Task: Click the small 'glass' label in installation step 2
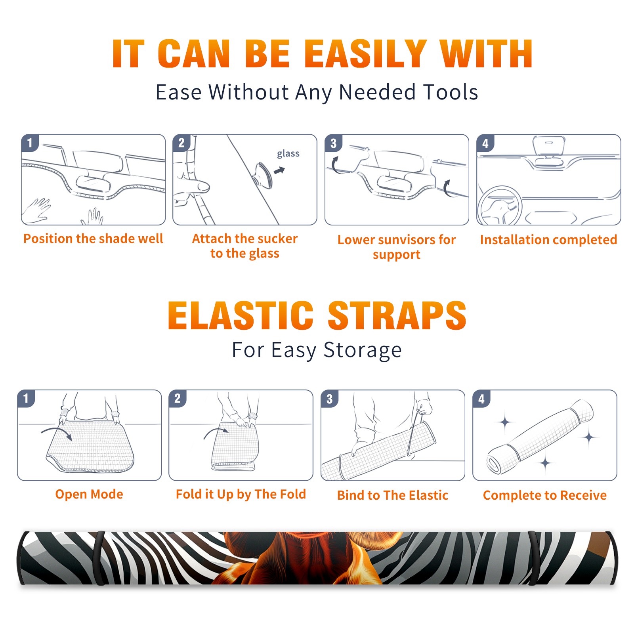point(288,154)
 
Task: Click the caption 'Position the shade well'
point(93,239)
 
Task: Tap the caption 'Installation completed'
point(548,239)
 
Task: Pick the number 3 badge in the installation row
point(333,143)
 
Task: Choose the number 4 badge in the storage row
point(481,399)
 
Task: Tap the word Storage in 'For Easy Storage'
point(363,350)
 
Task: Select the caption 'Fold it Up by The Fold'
point(241,494)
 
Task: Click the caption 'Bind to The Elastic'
point(393,495)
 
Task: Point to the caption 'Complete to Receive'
point(545,495)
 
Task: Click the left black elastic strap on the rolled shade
point(99,558)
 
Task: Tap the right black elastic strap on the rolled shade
point(533,558)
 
